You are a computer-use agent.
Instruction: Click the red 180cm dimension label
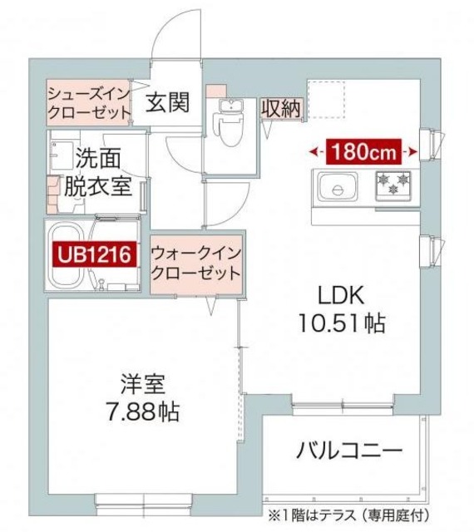click(363, 151)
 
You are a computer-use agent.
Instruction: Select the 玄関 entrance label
click(168, 102)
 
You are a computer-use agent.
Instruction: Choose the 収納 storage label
click(280, 108)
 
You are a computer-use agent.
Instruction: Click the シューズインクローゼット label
click(89, 101)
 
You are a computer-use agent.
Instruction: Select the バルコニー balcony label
click(350, 451)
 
